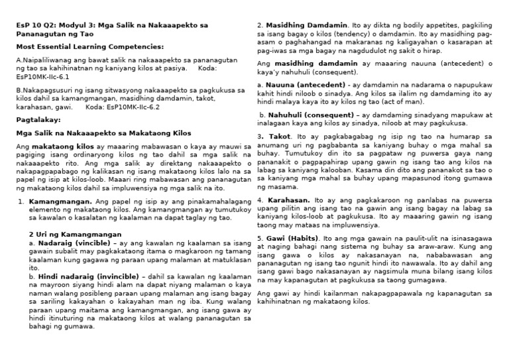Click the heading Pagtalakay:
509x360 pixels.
click(x=38, y=119)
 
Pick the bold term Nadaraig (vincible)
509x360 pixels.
click(x=64, y=243)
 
